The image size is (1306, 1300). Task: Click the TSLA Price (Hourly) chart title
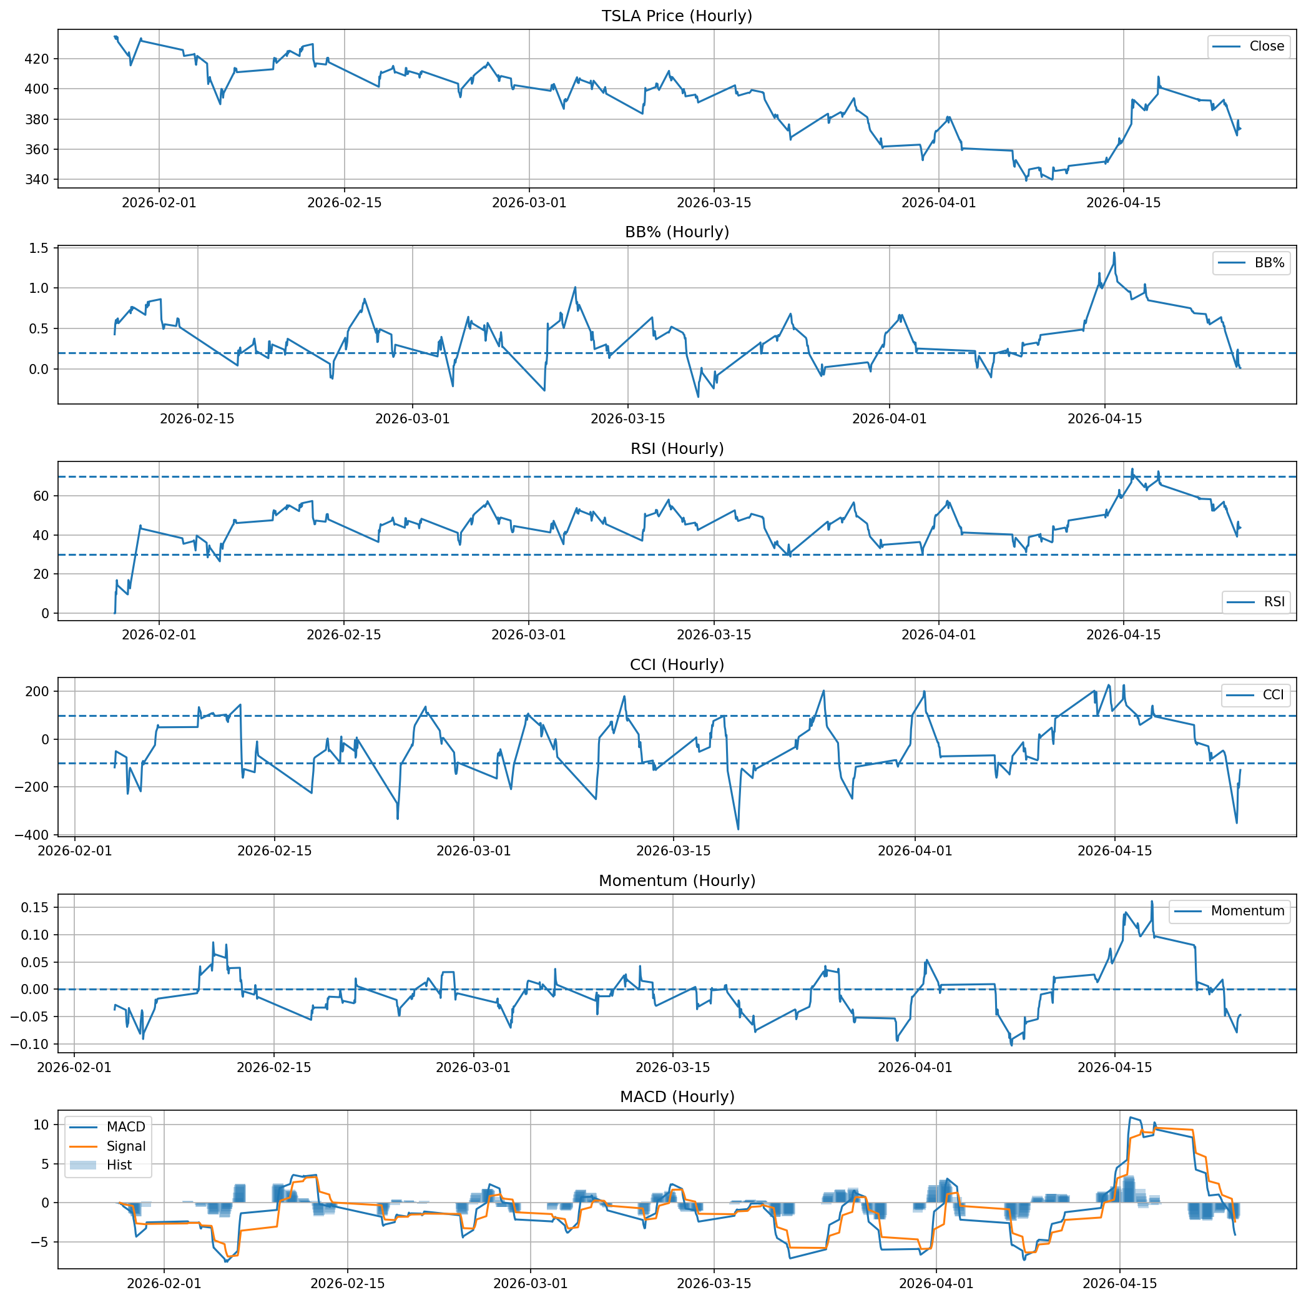pyautogui.click(x=677, y=16)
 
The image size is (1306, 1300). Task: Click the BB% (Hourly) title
pyautogui.click(x=677, y=232)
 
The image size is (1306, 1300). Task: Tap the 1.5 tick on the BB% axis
pyautogui.click(x=39, y=248)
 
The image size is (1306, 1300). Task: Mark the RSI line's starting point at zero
pyautogui.click(x=115, y=613)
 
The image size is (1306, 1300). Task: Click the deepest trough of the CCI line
pyautogui.click(x=738, y=829)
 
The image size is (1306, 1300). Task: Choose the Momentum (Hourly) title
pyautogui.click(x=677, y=881)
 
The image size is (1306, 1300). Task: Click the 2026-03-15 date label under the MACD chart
pyautogui.click(x=715, y=1283)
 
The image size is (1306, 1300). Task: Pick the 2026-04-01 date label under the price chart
pyautogui.click(x=939, y=202)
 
